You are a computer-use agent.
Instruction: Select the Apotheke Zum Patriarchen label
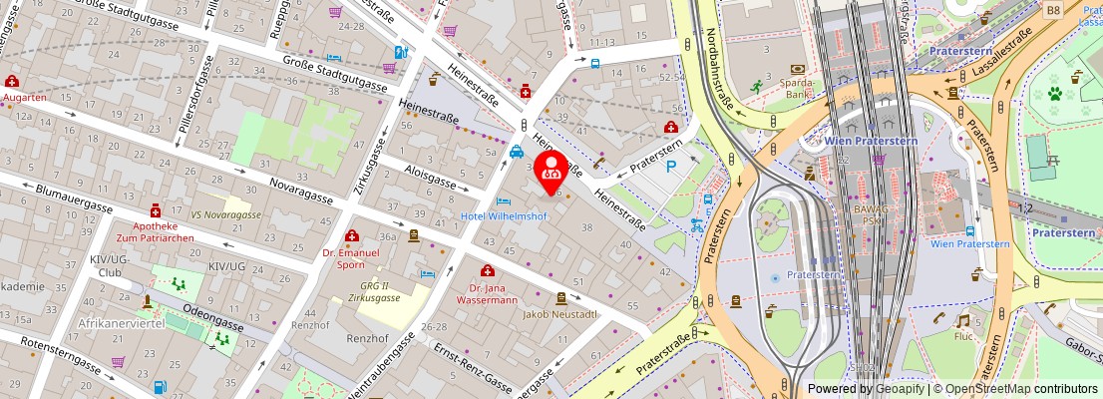coord(155,233)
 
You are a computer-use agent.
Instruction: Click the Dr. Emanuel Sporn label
coord(352,258)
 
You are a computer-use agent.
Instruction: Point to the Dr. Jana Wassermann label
coord(487,293)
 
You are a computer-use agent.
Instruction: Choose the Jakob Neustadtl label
coord(560,313)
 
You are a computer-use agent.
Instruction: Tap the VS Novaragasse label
coord(227,214)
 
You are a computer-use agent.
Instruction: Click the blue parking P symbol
coord(671,167)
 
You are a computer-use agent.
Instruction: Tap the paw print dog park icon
coord(1053,95)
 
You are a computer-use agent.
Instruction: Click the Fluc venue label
coord(961,337)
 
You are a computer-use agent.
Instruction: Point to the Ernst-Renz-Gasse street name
coord(474,370)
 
